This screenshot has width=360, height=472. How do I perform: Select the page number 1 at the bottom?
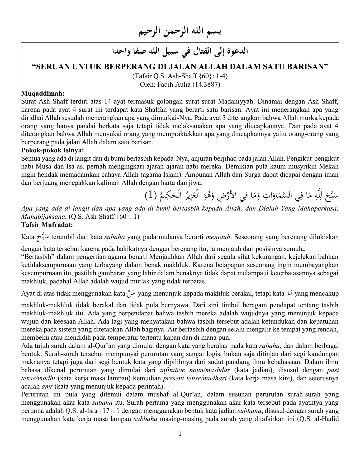(x=180, y=433)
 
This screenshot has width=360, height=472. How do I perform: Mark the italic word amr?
(x=47, y=387)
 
